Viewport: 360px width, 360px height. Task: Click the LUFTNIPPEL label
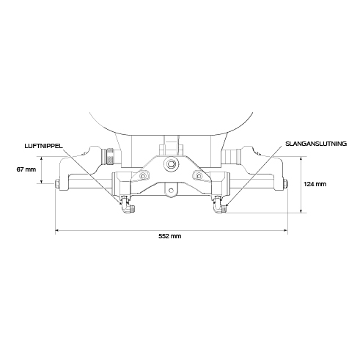(43, 146)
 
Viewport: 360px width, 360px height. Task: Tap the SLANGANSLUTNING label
(316, 144)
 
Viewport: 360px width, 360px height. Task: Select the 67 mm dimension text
(26, 169)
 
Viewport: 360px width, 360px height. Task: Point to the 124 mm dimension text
(315, 184)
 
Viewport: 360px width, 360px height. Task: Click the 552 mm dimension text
(170, 236)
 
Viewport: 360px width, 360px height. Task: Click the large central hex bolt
(171, 164)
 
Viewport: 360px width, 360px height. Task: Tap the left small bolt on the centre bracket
(142, 176)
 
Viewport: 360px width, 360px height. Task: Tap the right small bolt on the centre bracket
(199, 175)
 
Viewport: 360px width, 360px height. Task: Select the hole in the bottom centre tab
(171, 190)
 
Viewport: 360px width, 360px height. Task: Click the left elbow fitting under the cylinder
(128, 205)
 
